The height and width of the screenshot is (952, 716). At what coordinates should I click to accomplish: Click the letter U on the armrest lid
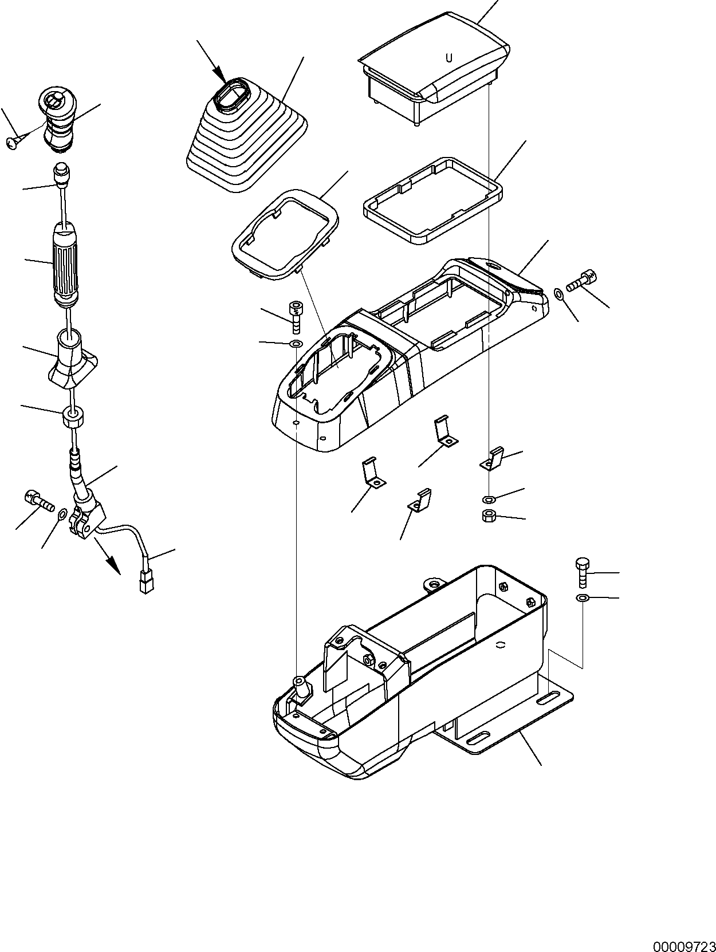pos(449,58)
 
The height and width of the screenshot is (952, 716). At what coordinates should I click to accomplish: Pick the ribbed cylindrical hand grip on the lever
pos(68,264)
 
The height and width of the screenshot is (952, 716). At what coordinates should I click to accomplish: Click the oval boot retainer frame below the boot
pos(284,235)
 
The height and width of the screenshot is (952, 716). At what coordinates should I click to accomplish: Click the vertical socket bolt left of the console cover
pos(296,316)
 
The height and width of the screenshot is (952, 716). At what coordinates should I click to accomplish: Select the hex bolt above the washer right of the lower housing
pos(581,573)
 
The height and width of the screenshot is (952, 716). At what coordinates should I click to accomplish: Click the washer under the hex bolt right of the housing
pos(581,599)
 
